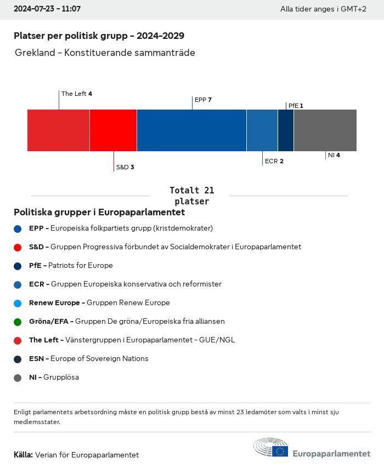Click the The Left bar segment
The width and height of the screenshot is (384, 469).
(58, 130)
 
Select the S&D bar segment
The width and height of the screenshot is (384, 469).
(113, 130)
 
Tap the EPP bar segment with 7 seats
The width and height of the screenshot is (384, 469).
(191, 130)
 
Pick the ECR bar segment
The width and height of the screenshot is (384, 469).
(262, 130)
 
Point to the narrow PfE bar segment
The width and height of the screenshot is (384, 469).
(286, 130)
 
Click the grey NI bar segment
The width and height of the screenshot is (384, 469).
(325, 130)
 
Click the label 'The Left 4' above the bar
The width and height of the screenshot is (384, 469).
(76, 94)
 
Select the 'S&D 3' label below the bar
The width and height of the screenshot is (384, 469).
(125, 167)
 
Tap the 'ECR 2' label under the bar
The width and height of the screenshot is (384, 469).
(274, 161)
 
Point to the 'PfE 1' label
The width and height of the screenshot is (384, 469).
(296, 106)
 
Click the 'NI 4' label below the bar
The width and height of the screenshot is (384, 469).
(334, 155)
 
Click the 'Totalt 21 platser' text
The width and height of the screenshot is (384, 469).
(191, 196)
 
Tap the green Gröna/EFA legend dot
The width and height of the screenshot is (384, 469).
(18, 322)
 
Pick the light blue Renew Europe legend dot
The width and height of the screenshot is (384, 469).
(18, 303)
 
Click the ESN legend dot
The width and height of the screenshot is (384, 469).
(18, 359)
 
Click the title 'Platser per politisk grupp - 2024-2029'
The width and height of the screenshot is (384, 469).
(99, 36)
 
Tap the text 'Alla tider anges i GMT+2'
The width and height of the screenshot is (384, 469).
(323, 9)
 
